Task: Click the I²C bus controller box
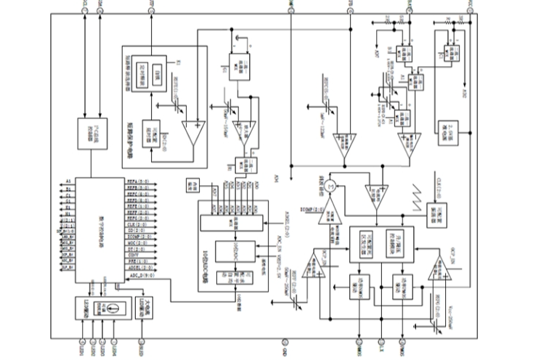(x=92, y=134)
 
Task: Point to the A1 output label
(x=68, y=180)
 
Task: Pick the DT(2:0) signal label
(x=136, y=248)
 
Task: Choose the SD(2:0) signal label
(x=135, y=231)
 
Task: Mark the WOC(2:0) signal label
(x=137, y=242)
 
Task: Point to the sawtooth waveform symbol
(x=419, y=197)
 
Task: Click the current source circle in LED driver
(x=113, y=308)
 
